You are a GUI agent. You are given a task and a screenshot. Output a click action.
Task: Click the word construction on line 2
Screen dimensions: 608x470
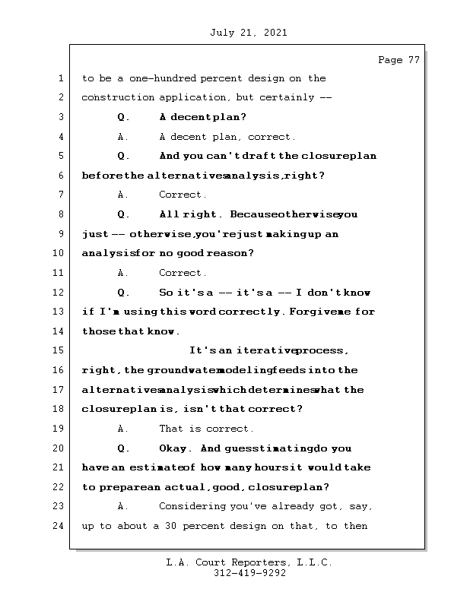[x=117, y=98]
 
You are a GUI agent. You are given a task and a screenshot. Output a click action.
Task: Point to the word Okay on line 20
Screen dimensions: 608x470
[x=174, y=448]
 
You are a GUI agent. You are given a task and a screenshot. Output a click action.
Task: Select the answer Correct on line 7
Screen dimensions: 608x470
[x=183, y=195]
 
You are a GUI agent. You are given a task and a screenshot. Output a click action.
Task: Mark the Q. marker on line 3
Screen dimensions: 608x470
[x=123, y=118]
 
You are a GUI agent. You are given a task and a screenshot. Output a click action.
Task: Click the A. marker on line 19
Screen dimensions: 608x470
[x=123, y=429]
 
